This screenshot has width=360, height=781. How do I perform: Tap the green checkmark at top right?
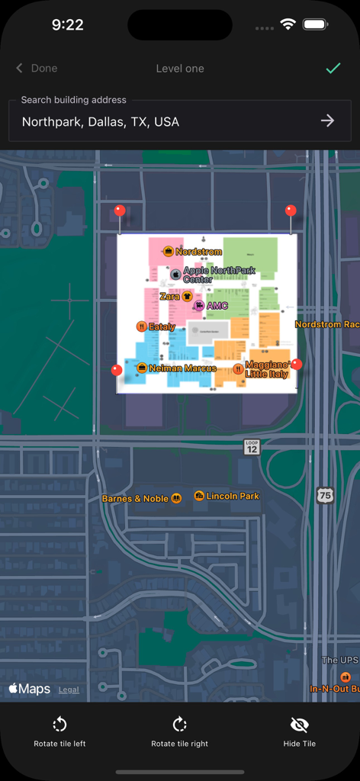coord(333,68)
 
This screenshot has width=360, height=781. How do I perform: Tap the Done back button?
coord(37,68)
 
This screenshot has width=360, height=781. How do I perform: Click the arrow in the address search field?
coord(327,121)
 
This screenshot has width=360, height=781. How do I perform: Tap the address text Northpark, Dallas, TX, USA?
coord(101,121)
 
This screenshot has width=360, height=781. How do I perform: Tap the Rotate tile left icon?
coord(59,725)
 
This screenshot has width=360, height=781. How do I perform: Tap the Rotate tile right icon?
coord(179,725)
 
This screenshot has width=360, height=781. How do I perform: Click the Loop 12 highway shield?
coord(252,447)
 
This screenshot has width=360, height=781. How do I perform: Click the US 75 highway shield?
coord(325,494)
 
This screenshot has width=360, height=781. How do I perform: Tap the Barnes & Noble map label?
coord(136,499)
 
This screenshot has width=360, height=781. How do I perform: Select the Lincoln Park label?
coord(233,496)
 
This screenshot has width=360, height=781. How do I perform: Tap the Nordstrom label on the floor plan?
coord(198,252)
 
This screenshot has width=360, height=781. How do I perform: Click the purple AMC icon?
coord(198,306)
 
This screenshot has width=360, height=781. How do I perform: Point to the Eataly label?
coord(162,326)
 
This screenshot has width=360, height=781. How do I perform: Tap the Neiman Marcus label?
coord(182,368)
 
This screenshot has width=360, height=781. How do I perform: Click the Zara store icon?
coord(187,296)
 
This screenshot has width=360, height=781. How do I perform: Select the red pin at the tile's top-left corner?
coord(119,211)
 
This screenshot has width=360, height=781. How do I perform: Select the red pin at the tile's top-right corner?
coord(290,211)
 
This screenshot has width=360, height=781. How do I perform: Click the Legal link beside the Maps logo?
coord(69,689)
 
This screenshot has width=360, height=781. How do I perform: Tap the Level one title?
coord(180,68)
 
